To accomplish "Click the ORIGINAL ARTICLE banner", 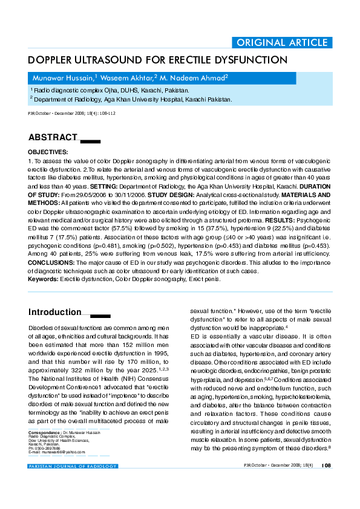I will (x=282, y=42).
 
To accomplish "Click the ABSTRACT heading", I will (x=53, y=138).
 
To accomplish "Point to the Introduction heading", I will (x=55, y=313).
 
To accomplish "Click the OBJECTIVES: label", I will (x=48, y=152).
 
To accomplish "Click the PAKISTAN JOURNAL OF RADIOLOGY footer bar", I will (x=73, y=466).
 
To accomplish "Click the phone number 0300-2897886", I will (x=49, y=448).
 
